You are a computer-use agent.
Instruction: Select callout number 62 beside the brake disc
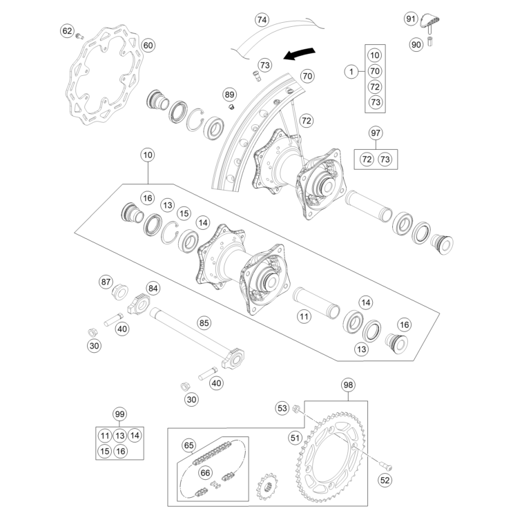(67, 31)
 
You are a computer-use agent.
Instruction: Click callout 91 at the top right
(410, 18)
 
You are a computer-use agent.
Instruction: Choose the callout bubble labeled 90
(416, 44)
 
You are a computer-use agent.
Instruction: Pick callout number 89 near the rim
(229, 94)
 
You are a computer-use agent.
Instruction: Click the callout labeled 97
(376, 133)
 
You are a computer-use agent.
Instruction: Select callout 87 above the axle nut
(106, 282)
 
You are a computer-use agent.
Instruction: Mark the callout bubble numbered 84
(153, 289)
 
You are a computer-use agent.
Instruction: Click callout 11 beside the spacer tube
(304, 317)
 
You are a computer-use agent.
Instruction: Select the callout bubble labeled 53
(282, 408)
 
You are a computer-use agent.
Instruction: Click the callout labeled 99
(120, 414)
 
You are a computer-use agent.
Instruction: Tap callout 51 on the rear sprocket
(295, 436)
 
